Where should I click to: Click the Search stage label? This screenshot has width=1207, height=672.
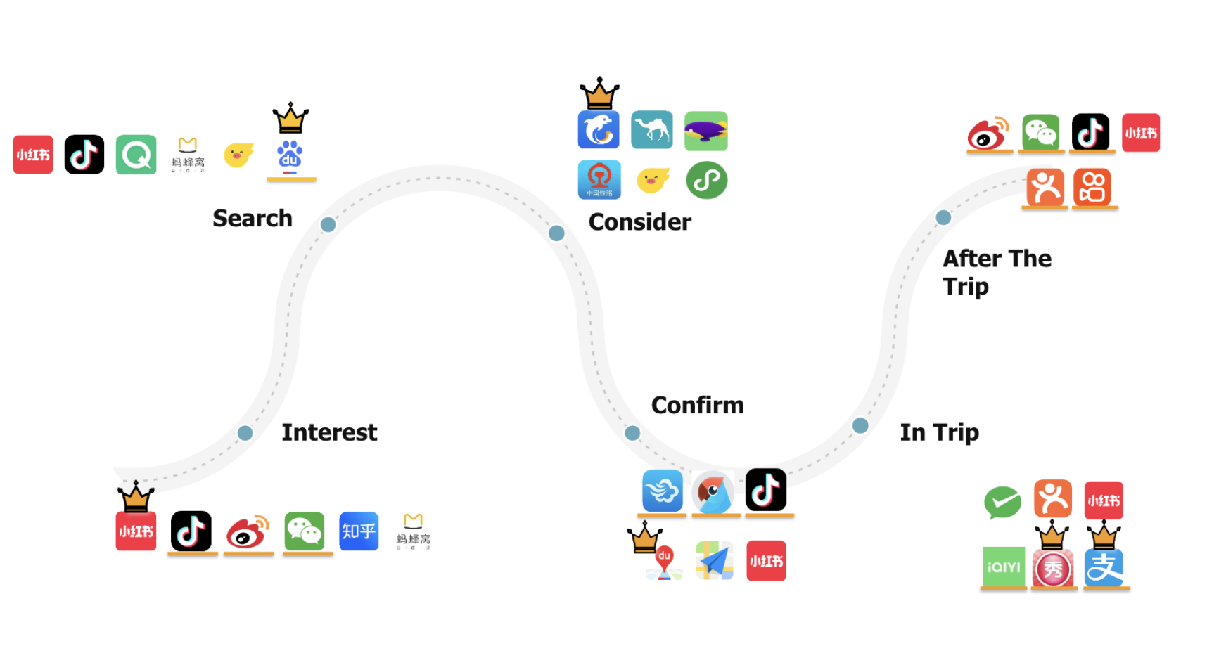(252, 219)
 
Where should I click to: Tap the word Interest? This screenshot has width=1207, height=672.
(329, 432)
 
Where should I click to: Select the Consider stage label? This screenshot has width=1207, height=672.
(639, 222)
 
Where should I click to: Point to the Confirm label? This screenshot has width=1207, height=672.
(697, 406)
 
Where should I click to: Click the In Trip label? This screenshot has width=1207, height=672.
(939, 432)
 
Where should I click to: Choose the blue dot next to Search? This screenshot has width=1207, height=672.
(328, 225)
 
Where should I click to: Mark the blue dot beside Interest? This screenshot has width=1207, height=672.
(245, 433)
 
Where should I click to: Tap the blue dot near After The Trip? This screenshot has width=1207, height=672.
(943, 218)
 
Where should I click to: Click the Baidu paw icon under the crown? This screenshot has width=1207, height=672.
(290, 156)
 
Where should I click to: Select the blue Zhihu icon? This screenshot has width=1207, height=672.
(359, 531)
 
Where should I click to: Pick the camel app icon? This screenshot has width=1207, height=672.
(651, 130)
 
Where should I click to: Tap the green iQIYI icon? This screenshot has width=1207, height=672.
(1003, 567)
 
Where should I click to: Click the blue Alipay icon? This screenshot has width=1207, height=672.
(1103, 568)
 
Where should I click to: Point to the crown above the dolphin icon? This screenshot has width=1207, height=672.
(599, 93)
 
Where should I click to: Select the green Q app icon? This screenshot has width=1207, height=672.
(136, 155)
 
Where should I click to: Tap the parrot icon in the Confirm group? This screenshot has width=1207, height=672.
(713, 491)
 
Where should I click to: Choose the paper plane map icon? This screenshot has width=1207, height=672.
(715, 560)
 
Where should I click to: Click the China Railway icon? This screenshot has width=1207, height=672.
(599, 180)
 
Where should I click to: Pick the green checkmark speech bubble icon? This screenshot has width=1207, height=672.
(1002, 502)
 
